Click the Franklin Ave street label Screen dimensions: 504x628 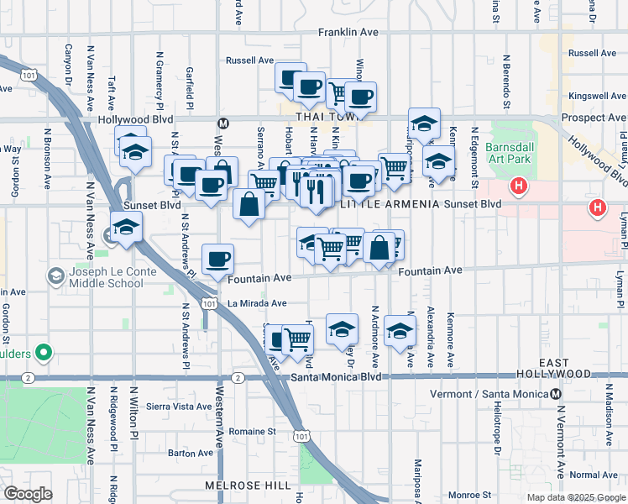pyautogui.click(x=348, y=32)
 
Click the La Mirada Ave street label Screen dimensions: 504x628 pyautogui.click(x=257, y=303)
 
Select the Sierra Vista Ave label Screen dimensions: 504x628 pyautogui.click(x=179, y=407)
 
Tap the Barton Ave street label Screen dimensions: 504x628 pyautogui.click(x=191, y=453)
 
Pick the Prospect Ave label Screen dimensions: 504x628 pyautogui.click(x=594, y=118)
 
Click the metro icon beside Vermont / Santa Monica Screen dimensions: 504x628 pyautogui.click(x=556, y=394)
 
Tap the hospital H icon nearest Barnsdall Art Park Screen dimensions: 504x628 pyautogui.click(x=520, y=185)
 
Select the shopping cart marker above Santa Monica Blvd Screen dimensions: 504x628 pyautogui.click(x=297, y=339)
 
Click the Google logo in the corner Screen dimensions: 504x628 pyautogui.click(x=29, y=494)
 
